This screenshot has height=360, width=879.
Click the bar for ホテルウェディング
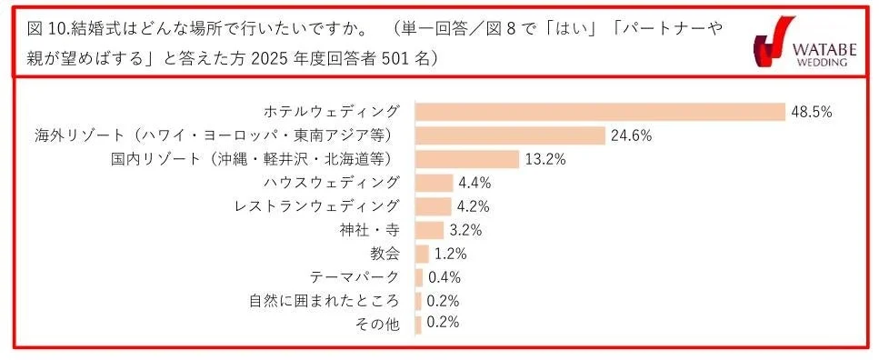pyautogui.click(x=600, y=112)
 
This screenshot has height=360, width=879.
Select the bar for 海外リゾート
pyautogui.click(x=510, y=135)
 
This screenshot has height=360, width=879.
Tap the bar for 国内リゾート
pyautogui.click(x=467, y=159)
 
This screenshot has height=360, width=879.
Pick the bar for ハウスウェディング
pyautogui.click(x=434, y=183)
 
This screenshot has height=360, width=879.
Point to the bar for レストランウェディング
pyautogui.click(x=433, y=206)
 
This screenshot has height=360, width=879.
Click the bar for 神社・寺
pyautogui.click(x=429, y=230)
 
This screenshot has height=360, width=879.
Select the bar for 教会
pyautogui.click(x=422, y=254)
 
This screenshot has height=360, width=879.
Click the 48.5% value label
pyautogui.click(x=812, y=112)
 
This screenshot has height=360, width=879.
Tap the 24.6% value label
pyautogui.click(x=632, y=135)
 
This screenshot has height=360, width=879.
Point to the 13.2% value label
pyautogui.click(x=547, y=159)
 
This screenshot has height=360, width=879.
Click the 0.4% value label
pyautogui.click(x=444, y=277)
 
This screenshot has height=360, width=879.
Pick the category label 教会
pyautogui.click(x=385, y=254)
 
